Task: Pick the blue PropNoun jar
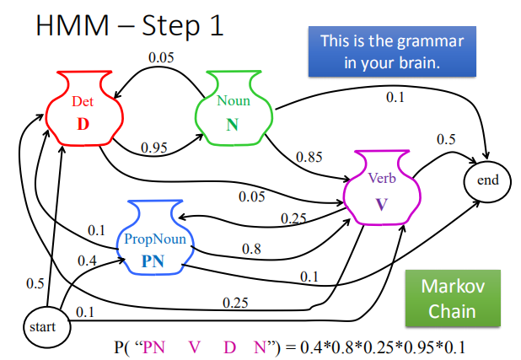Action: point(153,239)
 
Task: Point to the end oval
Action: point(488,180)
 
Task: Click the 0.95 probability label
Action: point(153,148)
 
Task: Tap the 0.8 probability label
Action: point(251,250)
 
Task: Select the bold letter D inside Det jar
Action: point(83,124)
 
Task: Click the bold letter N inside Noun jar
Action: point(232,124)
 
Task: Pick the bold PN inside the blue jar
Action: point(153,261)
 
